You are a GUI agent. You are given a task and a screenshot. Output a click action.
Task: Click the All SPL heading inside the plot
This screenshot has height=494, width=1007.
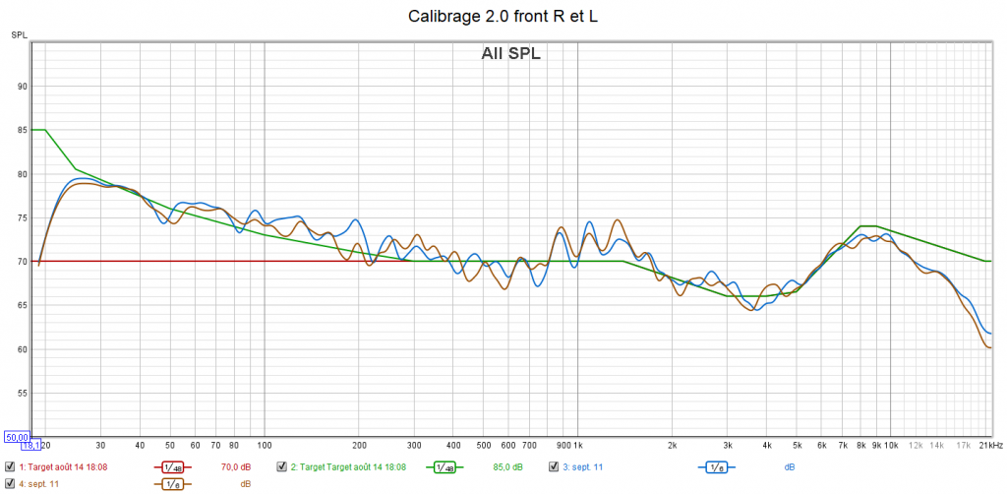(x=510, y=54)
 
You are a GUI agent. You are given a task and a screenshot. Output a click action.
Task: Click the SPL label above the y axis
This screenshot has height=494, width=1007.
(x=19, y=35)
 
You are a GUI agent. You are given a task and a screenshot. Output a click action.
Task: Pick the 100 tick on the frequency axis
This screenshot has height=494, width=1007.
(x=264, y=445)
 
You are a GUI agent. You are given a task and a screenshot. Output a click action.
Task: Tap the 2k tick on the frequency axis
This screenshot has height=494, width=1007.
(x=672, y=445)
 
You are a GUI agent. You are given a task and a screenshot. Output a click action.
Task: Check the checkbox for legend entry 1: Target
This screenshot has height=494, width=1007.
(x=10, y=466)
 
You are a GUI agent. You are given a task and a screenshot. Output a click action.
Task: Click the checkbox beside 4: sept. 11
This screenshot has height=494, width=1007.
(x=10, y=483)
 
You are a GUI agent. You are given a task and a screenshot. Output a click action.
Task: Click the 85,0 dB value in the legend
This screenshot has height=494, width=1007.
(x=508, y=466)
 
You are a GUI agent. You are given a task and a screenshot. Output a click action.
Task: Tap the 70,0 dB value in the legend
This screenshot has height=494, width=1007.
(x=236, y=466)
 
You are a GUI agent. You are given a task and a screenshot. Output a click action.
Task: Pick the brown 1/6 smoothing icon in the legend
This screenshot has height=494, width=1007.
(x=172, y=483)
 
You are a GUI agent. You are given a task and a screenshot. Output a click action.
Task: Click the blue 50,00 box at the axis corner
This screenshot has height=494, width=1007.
(x=17, y=437)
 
